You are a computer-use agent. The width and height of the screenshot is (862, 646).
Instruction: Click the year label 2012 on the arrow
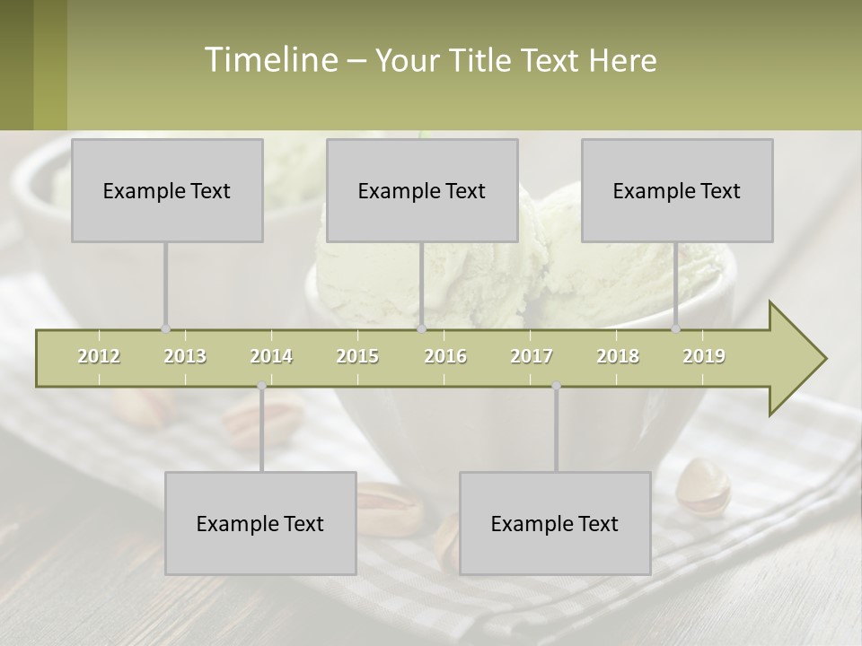[99, 356]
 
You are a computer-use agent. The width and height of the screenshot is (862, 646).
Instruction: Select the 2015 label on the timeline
[357, 356]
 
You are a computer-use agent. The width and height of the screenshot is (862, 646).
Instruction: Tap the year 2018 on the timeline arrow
[618, 356]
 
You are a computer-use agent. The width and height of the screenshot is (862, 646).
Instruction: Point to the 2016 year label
[445, 356]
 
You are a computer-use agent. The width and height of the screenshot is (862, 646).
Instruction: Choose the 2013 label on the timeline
[185, 356]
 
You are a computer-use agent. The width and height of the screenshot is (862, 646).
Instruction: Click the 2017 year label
[532, 356]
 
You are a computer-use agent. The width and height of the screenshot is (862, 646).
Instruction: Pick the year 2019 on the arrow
[704, 356]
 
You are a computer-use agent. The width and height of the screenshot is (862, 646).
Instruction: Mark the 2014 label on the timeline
[271, 356]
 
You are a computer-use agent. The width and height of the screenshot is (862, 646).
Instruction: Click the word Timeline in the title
[269, 60]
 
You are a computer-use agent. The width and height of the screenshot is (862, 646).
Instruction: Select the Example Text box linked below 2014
[260, 523]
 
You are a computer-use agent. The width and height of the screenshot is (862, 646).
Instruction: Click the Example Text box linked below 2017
[555, 523]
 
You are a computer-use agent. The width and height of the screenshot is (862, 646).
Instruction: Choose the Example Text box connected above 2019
[677, 190]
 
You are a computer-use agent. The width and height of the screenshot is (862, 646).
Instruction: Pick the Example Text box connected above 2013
[167, 190]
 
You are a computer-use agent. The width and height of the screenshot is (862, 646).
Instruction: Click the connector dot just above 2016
[422, 328]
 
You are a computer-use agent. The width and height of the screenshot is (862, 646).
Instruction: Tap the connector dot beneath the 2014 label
[261, 386]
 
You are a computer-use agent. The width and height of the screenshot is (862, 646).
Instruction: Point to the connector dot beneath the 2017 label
[556, 386]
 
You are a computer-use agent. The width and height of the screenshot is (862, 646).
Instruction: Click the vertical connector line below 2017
[556, 431]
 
